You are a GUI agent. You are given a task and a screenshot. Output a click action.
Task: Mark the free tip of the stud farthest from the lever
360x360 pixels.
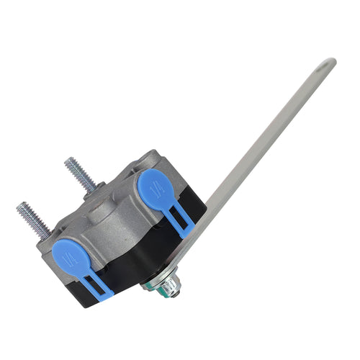20,207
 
